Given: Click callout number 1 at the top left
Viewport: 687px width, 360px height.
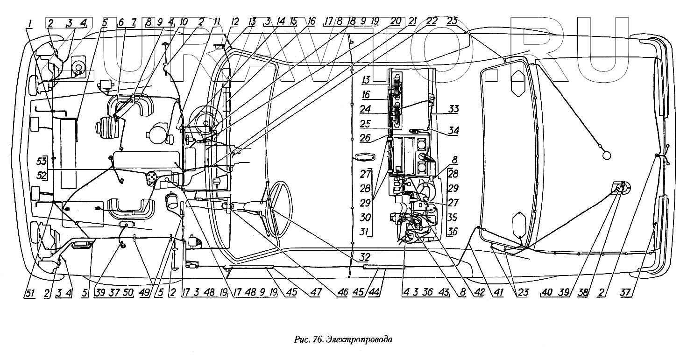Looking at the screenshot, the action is (29, 22).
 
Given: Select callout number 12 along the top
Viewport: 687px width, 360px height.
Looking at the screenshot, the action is (234, 22).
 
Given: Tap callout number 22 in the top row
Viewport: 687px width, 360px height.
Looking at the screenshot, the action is (431, 21).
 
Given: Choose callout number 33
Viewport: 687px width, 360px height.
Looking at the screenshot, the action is (453, 109).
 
